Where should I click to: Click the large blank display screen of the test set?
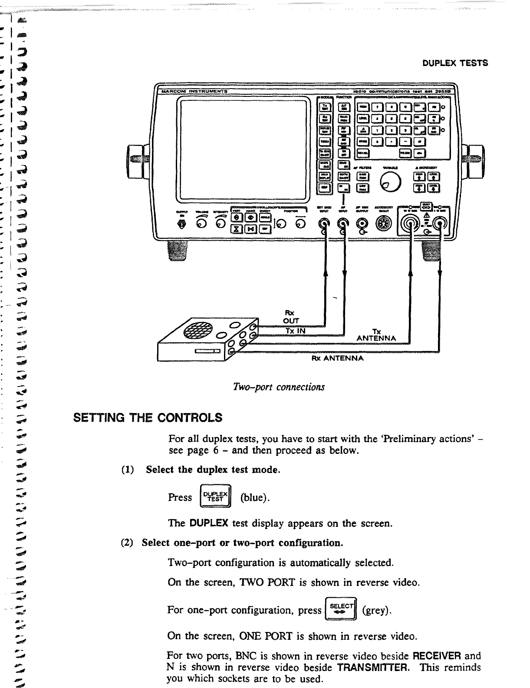pos(244,148)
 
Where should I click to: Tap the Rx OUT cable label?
pos(291,317)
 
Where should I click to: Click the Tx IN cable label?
pos(296,331)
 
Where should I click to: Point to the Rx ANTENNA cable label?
pos(337,358)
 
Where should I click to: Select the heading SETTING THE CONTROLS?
pos(147,418)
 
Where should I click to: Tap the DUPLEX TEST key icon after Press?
pos(215,497)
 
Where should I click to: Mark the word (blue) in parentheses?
pos(255,498)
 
